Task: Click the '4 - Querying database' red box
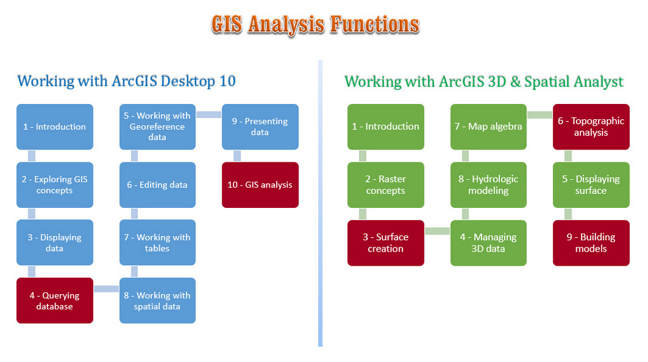coord(55,301)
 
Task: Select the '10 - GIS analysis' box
coord(260,185)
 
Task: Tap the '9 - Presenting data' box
coord(260,127)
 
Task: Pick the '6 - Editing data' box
coord(158,185)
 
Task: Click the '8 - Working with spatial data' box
coord(158,301)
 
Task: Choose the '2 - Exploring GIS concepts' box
coord(55,185)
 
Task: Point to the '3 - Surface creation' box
coord(386,243)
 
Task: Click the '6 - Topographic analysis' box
coord(591,127)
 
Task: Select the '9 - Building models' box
coord(591,243)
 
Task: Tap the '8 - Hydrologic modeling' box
coord(489,185)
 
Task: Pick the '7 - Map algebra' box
coord(489,127)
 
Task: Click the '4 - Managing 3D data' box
coord(489,243)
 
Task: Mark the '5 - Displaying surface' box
coord(591,185)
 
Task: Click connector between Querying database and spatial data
coord(106,289)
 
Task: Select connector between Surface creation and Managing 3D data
coord(437,231)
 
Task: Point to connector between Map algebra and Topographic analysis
coord(540,115)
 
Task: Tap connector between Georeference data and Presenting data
coord(209,115)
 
